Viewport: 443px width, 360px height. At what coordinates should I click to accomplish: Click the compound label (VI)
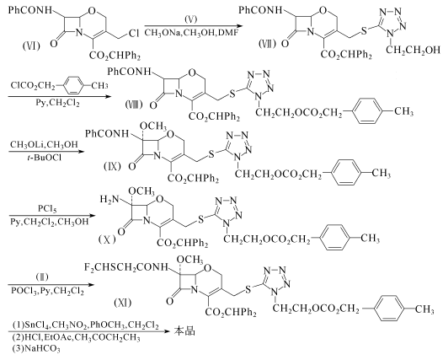click(x=31, y=46)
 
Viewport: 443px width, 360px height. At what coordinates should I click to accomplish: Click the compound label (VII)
click(x=267, y=44)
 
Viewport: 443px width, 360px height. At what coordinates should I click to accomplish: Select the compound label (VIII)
click(x=134, y=105)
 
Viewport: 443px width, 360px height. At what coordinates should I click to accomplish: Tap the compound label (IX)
click(x=112, y=166)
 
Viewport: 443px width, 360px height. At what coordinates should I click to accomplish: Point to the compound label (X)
click(x=107, y=239)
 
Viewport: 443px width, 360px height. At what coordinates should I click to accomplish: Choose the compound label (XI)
click(x=122, y=304)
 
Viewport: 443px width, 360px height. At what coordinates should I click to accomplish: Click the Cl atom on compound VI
click(x=134, y=34)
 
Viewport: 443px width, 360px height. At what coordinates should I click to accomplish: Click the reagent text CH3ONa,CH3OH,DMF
click(x=191, y=33)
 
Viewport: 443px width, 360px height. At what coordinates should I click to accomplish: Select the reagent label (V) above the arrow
click(x=191, y=19)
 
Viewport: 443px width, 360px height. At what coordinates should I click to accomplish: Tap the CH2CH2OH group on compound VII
click(x=413, y=50)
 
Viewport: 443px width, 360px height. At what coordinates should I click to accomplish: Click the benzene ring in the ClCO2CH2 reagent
click(x=73, y=85)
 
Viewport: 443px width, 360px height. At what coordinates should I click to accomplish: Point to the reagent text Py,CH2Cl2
click(x=57, y=102)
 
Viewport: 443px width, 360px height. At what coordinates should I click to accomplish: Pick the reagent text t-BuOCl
click(x=44, y=158)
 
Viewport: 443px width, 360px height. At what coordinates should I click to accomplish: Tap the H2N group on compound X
click(x=109, y=200)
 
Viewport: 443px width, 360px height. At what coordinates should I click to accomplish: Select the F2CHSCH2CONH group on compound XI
click(x=126, y=267)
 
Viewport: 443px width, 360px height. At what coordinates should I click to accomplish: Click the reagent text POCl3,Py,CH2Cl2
click(x=47, y=290)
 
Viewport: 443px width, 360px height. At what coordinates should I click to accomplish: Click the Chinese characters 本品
click(x=184, y=330)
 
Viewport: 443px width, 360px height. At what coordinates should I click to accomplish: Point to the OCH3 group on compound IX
click(x=152, y=126)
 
